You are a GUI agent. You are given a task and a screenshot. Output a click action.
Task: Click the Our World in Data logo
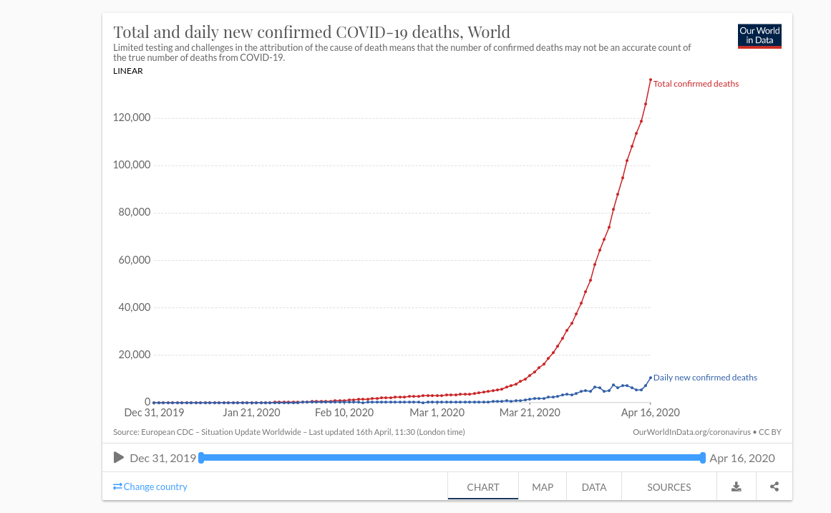pyautogui.click(x=759, y=37)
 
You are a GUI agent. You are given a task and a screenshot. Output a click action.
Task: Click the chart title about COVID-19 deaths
pyautogui.click(x=312, y=32)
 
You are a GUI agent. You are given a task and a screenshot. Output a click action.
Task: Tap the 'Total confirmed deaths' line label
pyautogui.click(x=696, y=84)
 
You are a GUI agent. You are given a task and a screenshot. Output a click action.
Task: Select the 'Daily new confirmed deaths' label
pyautogui.click(x=705, y=378)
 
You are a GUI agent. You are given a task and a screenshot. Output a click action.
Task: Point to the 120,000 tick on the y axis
pyautogui.click(x=132, y=118)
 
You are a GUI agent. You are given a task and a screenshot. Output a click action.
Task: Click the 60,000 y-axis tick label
pyautogui.click(x=134, y=260)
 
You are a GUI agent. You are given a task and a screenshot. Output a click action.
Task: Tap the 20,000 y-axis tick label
pyautogui.click(x=134, y=355)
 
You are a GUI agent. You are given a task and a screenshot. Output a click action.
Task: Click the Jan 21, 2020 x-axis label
pyautogui.click(x=251, y=413)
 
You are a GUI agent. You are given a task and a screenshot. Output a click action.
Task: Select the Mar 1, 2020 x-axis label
pyautogui.click(x=437, y=413)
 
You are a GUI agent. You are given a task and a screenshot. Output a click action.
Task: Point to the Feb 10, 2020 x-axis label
pyautogui.click(x=344, y=413)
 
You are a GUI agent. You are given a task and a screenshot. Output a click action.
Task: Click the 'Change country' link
pyautogui.click(x=150, y=486)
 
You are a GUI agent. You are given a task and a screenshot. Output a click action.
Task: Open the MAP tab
pyautogui.click(x=543, y=487)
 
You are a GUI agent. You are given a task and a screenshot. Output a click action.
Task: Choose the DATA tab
pyautogui.click(x=594, y=487)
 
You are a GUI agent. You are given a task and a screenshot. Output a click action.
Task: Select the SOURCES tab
pyautogui.click(x=669, y=487)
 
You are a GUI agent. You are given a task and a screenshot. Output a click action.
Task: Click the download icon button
pyautogui.click(x=736, y=487)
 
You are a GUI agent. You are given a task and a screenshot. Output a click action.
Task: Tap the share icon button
pyautogui.click(x=774, y=487)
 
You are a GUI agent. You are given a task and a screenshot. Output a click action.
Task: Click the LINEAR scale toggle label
pyautogui.click(x=128, y=71)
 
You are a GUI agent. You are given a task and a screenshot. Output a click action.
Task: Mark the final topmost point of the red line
pyautogui.click(x=651, y=80)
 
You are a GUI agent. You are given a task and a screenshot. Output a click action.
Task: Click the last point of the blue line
pyautogui.click(x=651, y=378)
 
